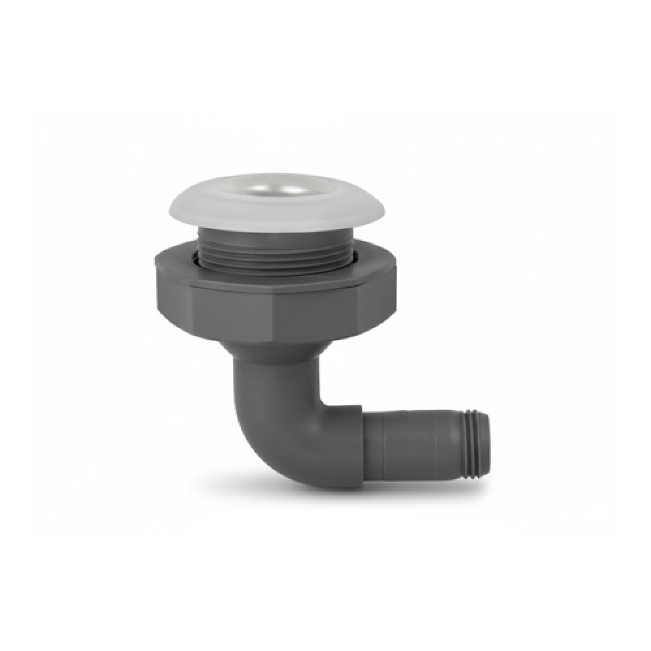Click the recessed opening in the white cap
pos(277,188)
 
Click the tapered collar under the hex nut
pos(273,352)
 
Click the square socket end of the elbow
pos(348,446)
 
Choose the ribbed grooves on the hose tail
pos(474,445)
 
